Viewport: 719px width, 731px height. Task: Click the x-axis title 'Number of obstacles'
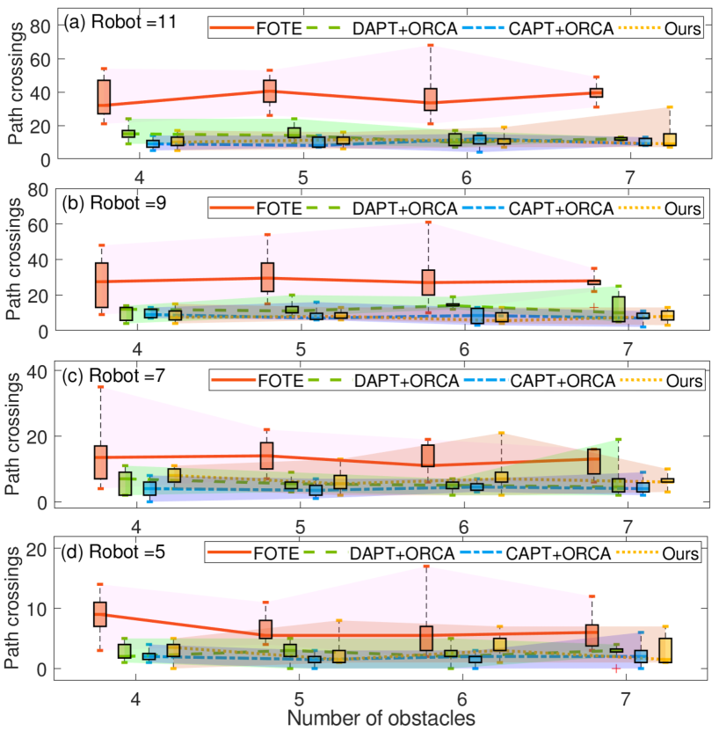click(x=381, y=717)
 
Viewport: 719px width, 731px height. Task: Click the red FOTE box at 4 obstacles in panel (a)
click(x=104, y=95)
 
